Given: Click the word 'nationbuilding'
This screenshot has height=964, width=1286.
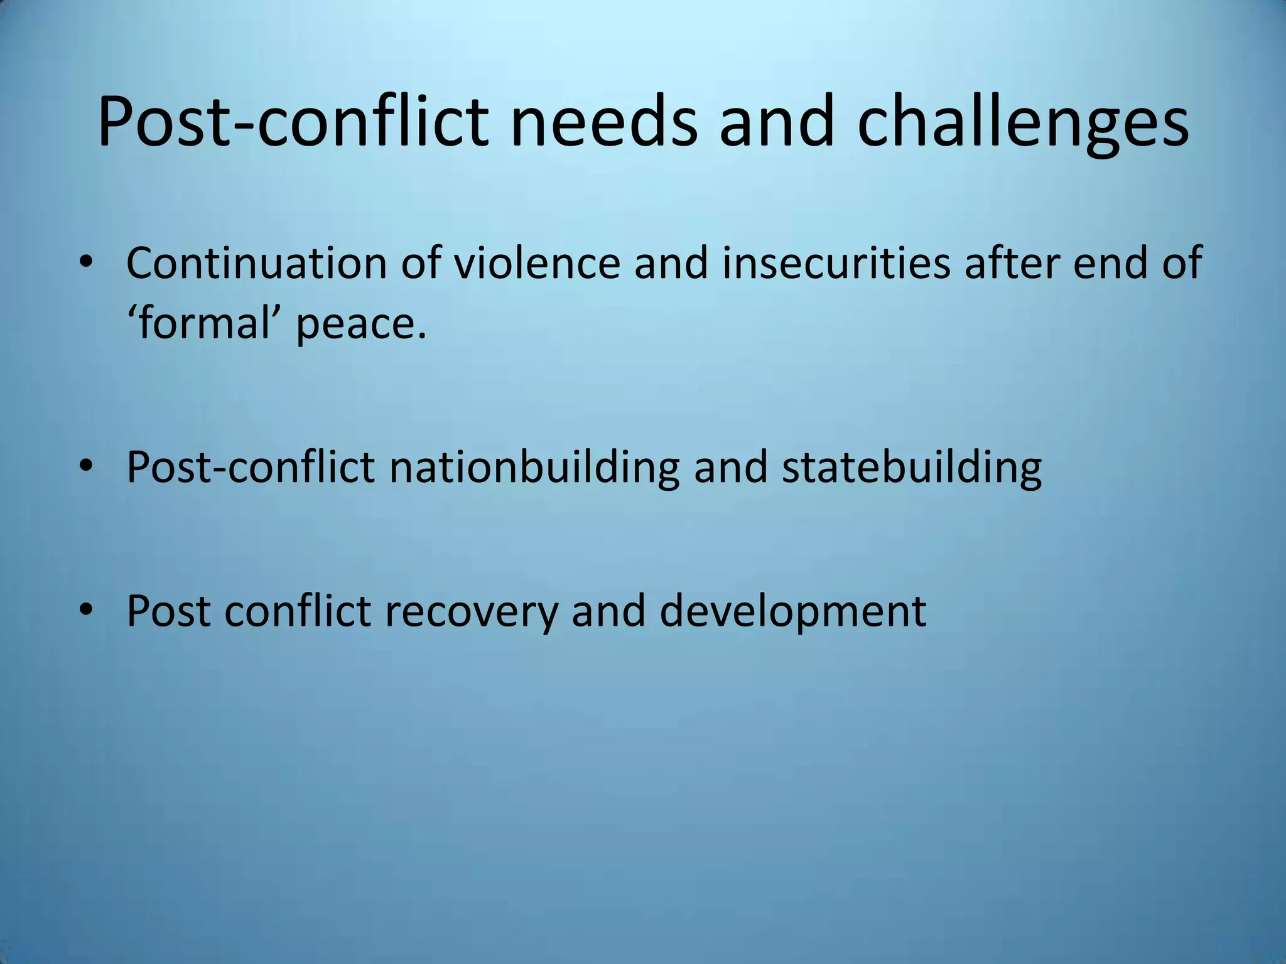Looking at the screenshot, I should pyautogui.click(x=534, y=468).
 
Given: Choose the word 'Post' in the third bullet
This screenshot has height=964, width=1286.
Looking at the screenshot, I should pyautogui.click(x=168, y=610).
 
